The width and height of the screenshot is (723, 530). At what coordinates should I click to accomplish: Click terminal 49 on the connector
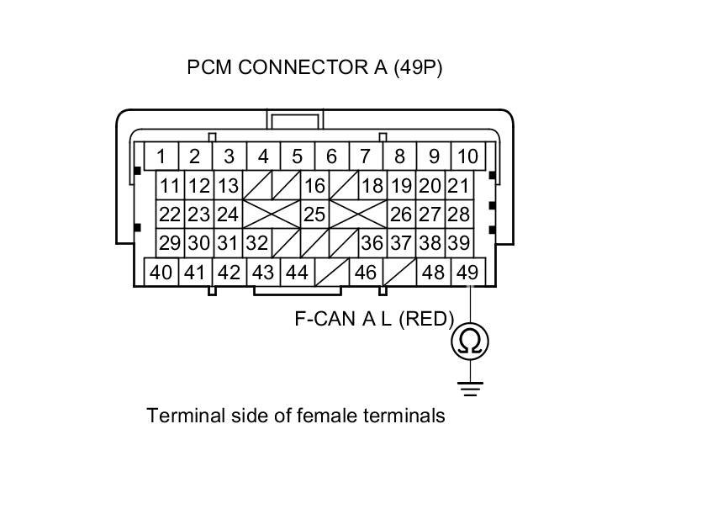point(467,273)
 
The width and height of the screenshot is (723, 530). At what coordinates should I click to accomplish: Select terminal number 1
point(160,156)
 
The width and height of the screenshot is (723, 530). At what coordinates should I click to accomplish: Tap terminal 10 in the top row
point(467,156)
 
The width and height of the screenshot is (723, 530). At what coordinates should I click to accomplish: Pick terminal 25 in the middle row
point(314,215)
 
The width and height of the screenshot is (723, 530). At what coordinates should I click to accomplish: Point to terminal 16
point(314,186)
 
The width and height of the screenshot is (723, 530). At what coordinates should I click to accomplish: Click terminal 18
point(372,186)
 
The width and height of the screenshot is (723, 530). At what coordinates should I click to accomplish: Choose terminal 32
point(257,243)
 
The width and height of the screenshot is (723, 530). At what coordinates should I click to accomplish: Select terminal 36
point(372,243)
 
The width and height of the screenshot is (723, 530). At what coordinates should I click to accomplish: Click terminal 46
point(366,273)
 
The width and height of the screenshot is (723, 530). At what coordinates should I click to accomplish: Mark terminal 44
point(297,273)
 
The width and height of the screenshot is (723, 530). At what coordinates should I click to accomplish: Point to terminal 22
point(171,215)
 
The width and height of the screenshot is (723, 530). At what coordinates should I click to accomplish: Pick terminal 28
point(458,215)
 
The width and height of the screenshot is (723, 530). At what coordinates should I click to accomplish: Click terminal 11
point(171,186)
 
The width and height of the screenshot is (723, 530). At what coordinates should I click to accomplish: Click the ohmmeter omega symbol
point(470,342)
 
